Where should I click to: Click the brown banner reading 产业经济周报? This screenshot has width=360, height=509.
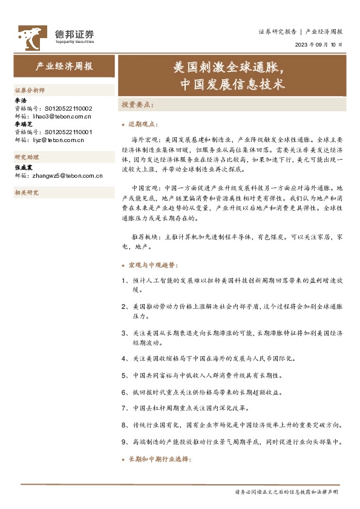click(64, 67)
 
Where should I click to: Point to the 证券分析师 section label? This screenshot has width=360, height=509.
click(30, 90)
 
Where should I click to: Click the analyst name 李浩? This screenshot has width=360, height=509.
click(20, 100)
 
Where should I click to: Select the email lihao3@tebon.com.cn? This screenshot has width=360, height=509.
click(61, 115)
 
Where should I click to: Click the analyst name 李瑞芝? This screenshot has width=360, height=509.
click(23, 123)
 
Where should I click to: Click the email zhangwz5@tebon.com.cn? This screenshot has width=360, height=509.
click(67, 176)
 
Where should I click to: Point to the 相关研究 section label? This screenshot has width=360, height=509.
click(26, 193)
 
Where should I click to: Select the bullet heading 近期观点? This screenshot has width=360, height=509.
click(144, 124)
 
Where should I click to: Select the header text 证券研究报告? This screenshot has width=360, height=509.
click(277, 31)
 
